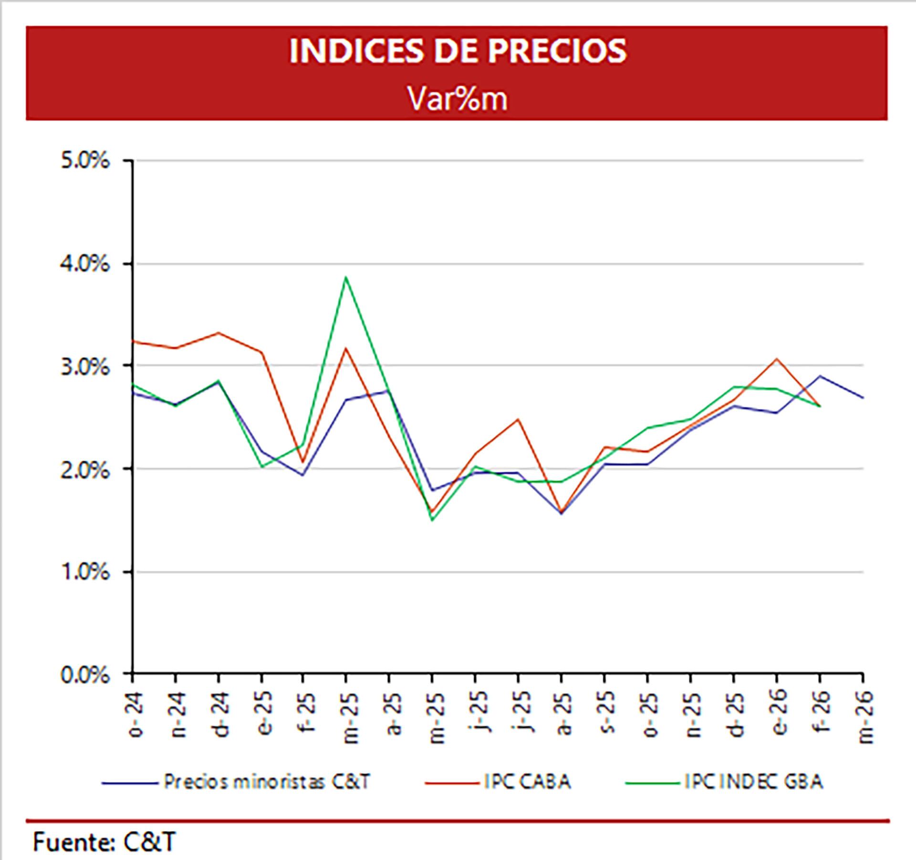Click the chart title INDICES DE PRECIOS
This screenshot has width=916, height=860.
tap(458, 51)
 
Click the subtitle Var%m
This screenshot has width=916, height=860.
tap(458, 99)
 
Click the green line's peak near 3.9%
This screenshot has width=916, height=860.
tap(345, 277)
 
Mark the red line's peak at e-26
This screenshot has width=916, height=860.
tap(777, 358)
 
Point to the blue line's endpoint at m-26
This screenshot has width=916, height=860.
tap(863, 397)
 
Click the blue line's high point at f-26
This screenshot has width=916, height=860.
tap(820, 376)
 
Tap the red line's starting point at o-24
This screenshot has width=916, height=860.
tap(133, 341)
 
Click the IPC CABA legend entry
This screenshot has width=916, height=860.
tap(527, 782)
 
